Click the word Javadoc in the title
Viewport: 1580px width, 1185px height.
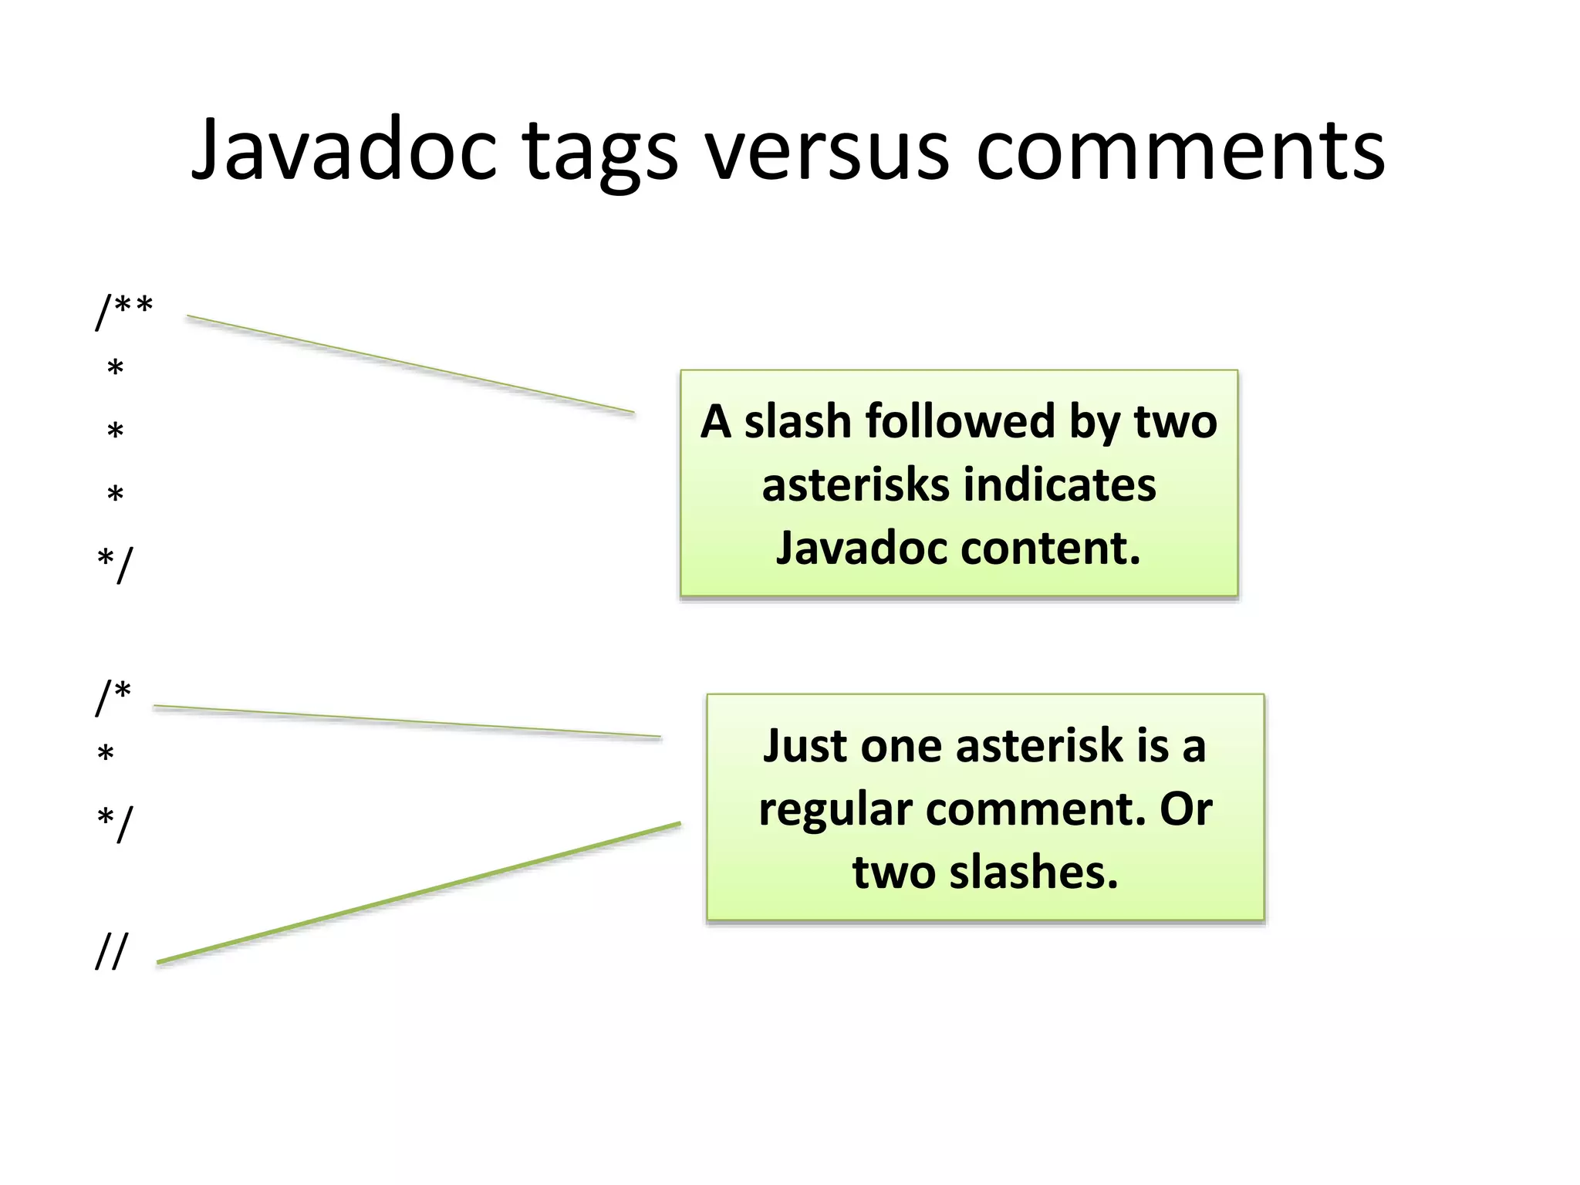click(344, 150)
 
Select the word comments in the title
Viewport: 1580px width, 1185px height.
click(1180, 150)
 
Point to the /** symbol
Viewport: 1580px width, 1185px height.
click(124, 310)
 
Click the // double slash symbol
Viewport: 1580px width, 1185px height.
click(111, 950)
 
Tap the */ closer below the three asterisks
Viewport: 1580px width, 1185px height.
click(115, 565)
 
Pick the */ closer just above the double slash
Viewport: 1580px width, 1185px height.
click(115, 823)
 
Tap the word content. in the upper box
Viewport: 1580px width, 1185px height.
click(1050, 548)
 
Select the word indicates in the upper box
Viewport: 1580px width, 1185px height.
click(1060, 485)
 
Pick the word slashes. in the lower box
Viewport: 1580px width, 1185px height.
click(1033, 873)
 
